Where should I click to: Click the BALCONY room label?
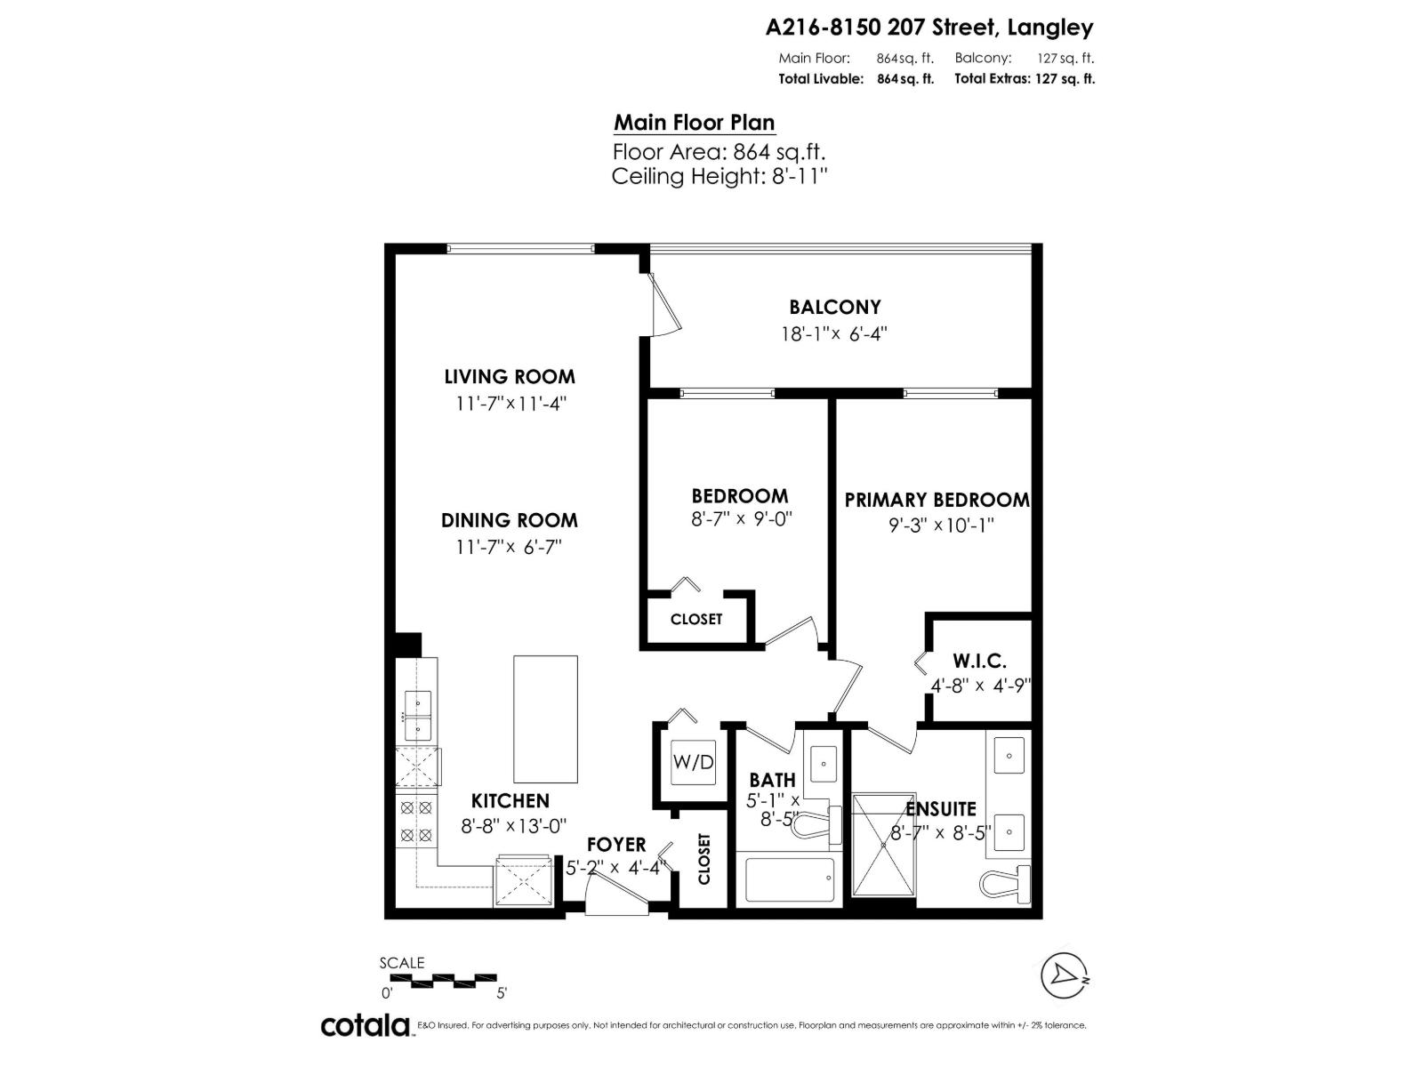pyautogui.click(x=834, y=307)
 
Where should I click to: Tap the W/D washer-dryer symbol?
pyautogui.click(x=693, y=762)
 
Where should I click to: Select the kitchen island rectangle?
pyautogui.click(x=545, y=717)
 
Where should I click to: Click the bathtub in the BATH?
pyautogui.click(x=789, y=879)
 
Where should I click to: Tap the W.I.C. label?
pyautogui.click(x=979, y=661)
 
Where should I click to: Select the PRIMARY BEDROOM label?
pyautogui.click(x=937, y=500)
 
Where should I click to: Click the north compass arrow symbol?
pyautogui.click(x=1064, y=976)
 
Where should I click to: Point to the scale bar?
pyautogui.click(x=442, y=981)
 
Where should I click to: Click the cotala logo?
pyautogui.click(x=365, y=1025)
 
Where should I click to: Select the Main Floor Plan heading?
pyautogui.click(x=694, y=123)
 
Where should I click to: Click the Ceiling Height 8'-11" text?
pyautogui.click(x=719, y=176)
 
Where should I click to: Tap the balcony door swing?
pyautogui.click(x=663, y=305)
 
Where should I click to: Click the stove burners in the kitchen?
pyautogui.click(x=416, y=822)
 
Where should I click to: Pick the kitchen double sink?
pyautogui.click(x=417, y=717)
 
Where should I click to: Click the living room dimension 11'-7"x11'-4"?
pyautogui.click(x=511, y=403)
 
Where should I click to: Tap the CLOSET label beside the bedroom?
pyautogui.click(x=695, y=619)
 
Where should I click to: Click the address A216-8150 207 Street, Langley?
pyautogui.click(x=929, y=28)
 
